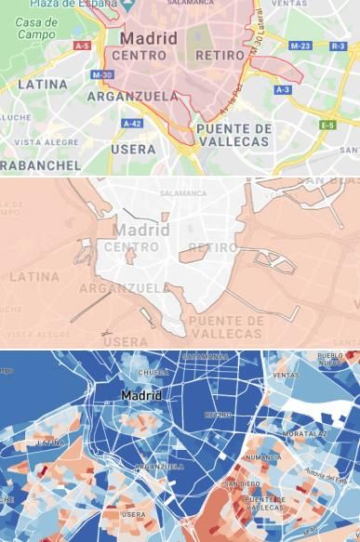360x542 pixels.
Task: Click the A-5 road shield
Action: [x=82, y=46]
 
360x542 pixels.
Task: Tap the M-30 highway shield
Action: [x=102, y=74]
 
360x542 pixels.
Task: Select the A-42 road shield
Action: [x=131, y=124]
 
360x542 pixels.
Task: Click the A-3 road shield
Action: [x=283, y=89]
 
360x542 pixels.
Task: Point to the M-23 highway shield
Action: [x=300, y=46]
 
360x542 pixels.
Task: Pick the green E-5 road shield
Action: [x=327, y=125]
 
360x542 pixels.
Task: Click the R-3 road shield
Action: [x=338, y=46]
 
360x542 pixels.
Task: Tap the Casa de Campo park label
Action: [x=36, y=28]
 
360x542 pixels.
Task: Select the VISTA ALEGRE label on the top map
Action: [x=47, y=142]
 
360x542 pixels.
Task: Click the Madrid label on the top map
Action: [x=148, y=39]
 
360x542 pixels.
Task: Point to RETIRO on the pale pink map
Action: [x=212, y=247]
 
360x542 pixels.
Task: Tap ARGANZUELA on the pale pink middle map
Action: [x=124, y=288]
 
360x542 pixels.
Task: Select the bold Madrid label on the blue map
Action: [x=141, y=396]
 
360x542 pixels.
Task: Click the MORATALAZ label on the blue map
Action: [x=304, y=434]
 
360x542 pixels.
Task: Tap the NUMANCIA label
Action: [x=262, y=457]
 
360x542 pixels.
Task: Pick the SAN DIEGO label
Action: [x=242, y=484]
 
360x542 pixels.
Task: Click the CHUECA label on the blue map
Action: [x=153, y=373]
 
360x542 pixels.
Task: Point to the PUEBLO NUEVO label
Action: [x=331, y=359]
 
